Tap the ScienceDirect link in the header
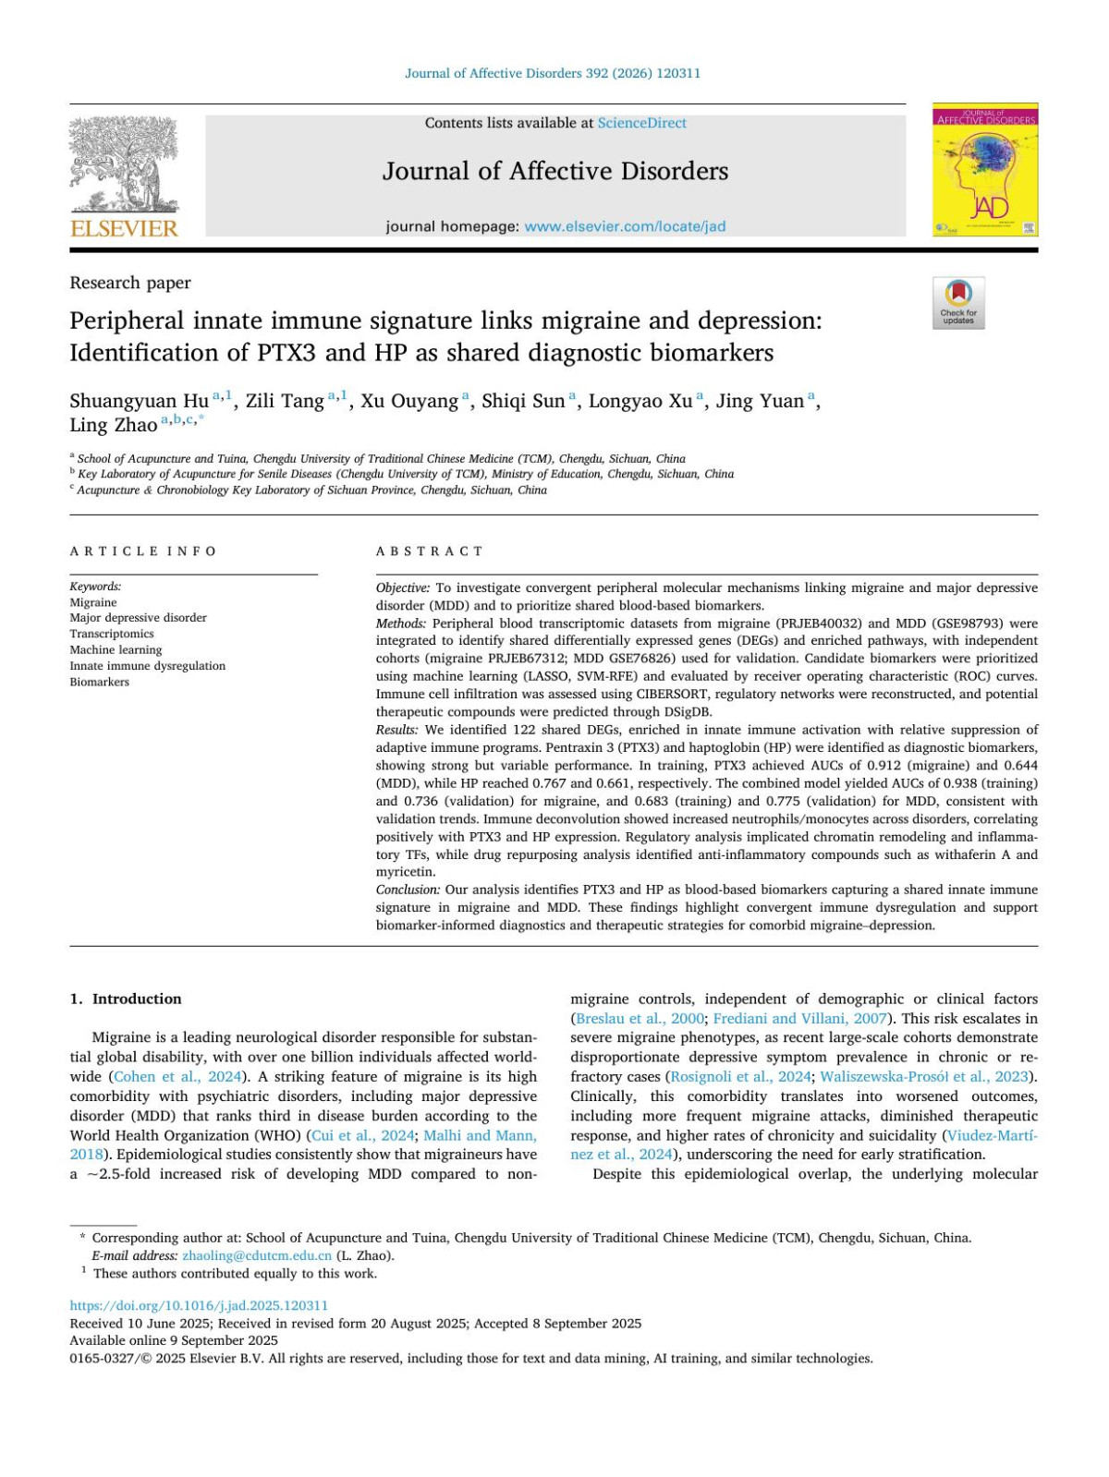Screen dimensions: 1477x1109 [641, 123]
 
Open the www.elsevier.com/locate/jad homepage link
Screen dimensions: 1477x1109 [625, 226]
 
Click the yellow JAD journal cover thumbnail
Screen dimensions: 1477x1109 [985, 170]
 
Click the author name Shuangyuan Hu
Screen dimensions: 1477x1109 [140, 401]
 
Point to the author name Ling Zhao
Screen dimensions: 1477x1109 [113, 425]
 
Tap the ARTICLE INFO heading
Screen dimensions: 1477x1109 [143, 551]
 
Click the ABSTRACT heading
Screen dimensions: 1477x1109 [430, 551]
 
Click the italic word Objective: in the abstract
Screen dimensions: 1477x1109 [403, 587]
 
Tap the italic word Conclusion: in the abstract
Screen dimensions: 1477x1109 [408, 890]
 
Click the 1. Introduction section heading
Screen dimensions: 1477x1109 [126, 999]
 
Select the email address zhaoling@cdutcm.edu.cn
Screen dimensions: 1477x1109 [257, 1255]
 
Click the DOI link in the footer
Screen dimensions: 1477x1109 [199, 1305]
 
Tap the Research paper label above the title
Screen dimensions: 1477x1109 [130, 283]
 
